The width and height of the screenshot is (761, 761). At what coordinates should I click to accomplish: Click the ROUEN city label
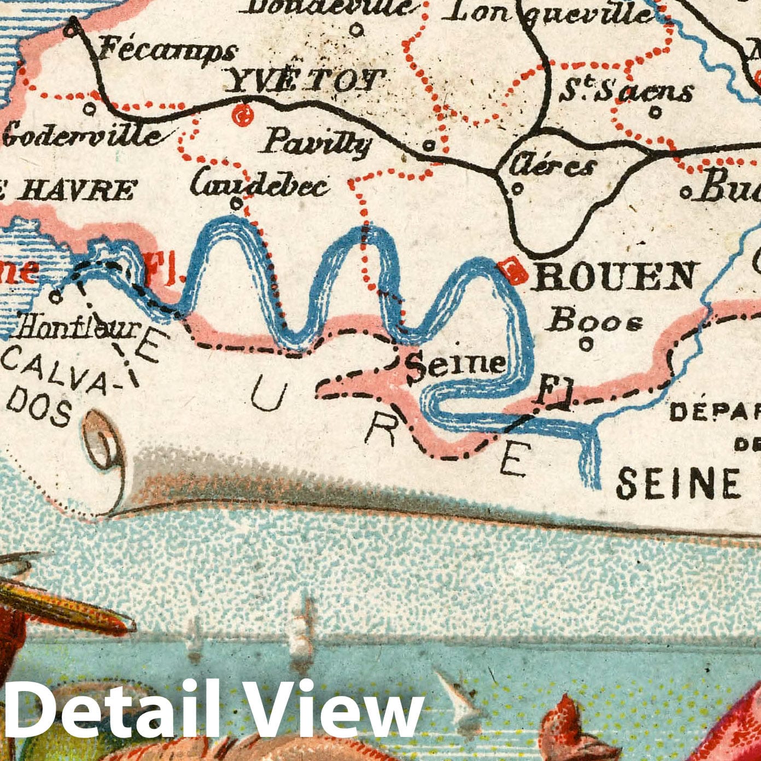tap(616, 276)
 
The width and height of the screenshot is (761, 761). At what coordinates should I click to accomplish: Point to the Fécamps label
tap(167, 51)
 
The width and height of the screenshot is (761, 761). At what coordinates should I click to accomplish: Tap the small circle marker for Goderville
tap(90, 109)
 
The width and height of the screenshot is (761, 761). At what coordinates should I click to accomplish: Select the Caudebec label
tap(260, 185)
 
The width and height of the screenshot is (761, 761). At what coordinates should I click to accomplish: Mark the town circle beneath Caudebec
tap(236, 203)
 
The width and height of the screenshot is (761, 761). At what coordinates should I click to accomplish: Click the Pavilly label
tap(317, 144)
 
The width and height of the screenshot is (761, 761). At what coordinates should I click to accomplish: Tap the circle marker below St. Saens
tap(655, 113)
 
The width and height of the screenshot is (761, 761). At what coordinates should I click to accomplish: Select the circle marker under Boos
tap(586, 344)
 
